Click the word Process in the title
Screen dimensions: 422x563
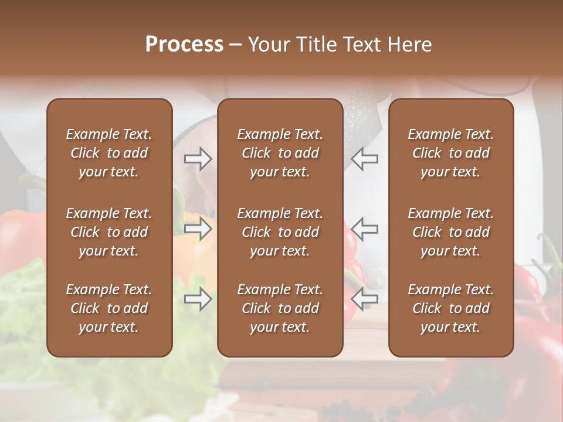coord(184,45)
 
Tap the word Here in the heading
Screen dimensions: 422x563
coord(409,45)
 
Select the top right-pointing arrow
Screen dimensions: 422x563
coord(198,159)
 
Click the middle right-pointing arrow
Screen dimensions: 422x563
coord(198,229)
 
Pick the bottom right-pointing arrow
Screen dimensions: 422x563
coord(198,299)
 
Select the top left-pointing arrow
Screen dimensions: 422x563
coord(364,159)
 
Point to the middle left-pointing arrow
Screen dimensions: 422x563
coord(364,229)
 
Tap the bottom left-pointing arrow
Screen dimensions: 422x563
coord(364,299)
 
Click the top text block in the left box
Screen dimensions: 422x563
coord(109,153)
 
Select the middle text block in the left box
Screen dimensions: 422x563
coord(109,232)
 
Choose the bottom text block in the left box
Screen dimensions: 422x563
coord(109,308)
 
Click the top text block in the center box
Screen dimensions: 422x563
coord(280,153)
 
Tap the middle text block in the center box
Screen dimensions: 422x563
coord(280,232)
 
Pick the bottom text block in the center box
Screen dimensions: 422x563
coord(280,308)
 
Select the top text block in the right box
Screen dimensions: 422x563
coord(451,153)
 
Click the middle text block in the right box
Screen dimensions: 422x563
coord(451,232)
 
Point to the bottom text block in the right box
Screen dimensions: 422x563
coord(451,308)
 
